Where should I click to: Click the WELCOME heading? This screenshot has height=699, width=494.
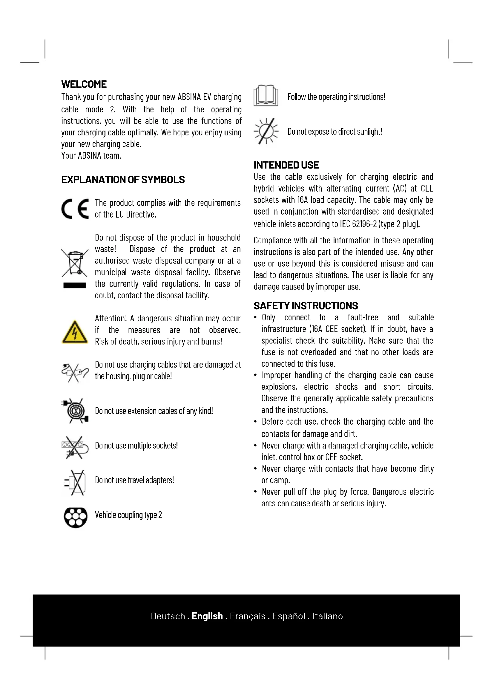point(84,84)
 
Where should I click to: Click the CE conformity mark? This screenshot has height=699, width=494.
point(75,209)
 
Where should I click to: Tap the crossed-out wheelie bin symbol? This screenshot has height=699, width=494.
point(75,263)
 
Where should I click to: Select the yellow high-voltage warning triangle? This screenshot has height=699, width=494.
point(75,332)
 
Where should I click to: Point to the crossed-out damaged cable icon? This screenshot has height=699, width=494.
point(75,372)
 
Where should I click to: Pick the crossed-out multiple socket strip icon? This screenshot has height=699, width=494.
point(75,446)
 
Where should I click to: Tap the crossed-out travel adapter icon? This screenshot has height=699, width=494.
point(75,482)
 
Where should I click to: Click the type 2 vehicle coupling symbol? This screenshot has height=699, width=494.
point(76,517)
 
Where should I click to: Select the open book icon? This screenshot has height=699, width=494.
point(266,96)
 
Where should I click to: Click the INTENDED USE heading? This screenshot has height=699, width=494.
point(286,165)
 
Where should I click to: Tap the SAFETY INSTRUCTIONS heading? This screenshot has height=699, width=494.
point(306,306)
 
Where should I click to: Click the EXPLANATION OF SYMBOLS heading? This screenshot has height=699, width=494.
point(123,180)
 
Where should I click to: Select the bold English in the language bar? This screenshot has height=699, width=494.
point(207,616)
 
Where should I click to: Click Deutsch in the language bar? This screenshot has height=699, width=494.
point(168,616)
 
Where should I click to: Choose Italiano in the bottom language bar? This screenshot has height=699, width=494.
point(327,616)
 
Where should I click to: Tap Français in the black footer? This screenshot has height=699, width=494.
point(248,616)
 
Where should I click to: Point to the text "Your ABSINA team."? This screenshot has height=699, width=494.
point(91,156)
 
